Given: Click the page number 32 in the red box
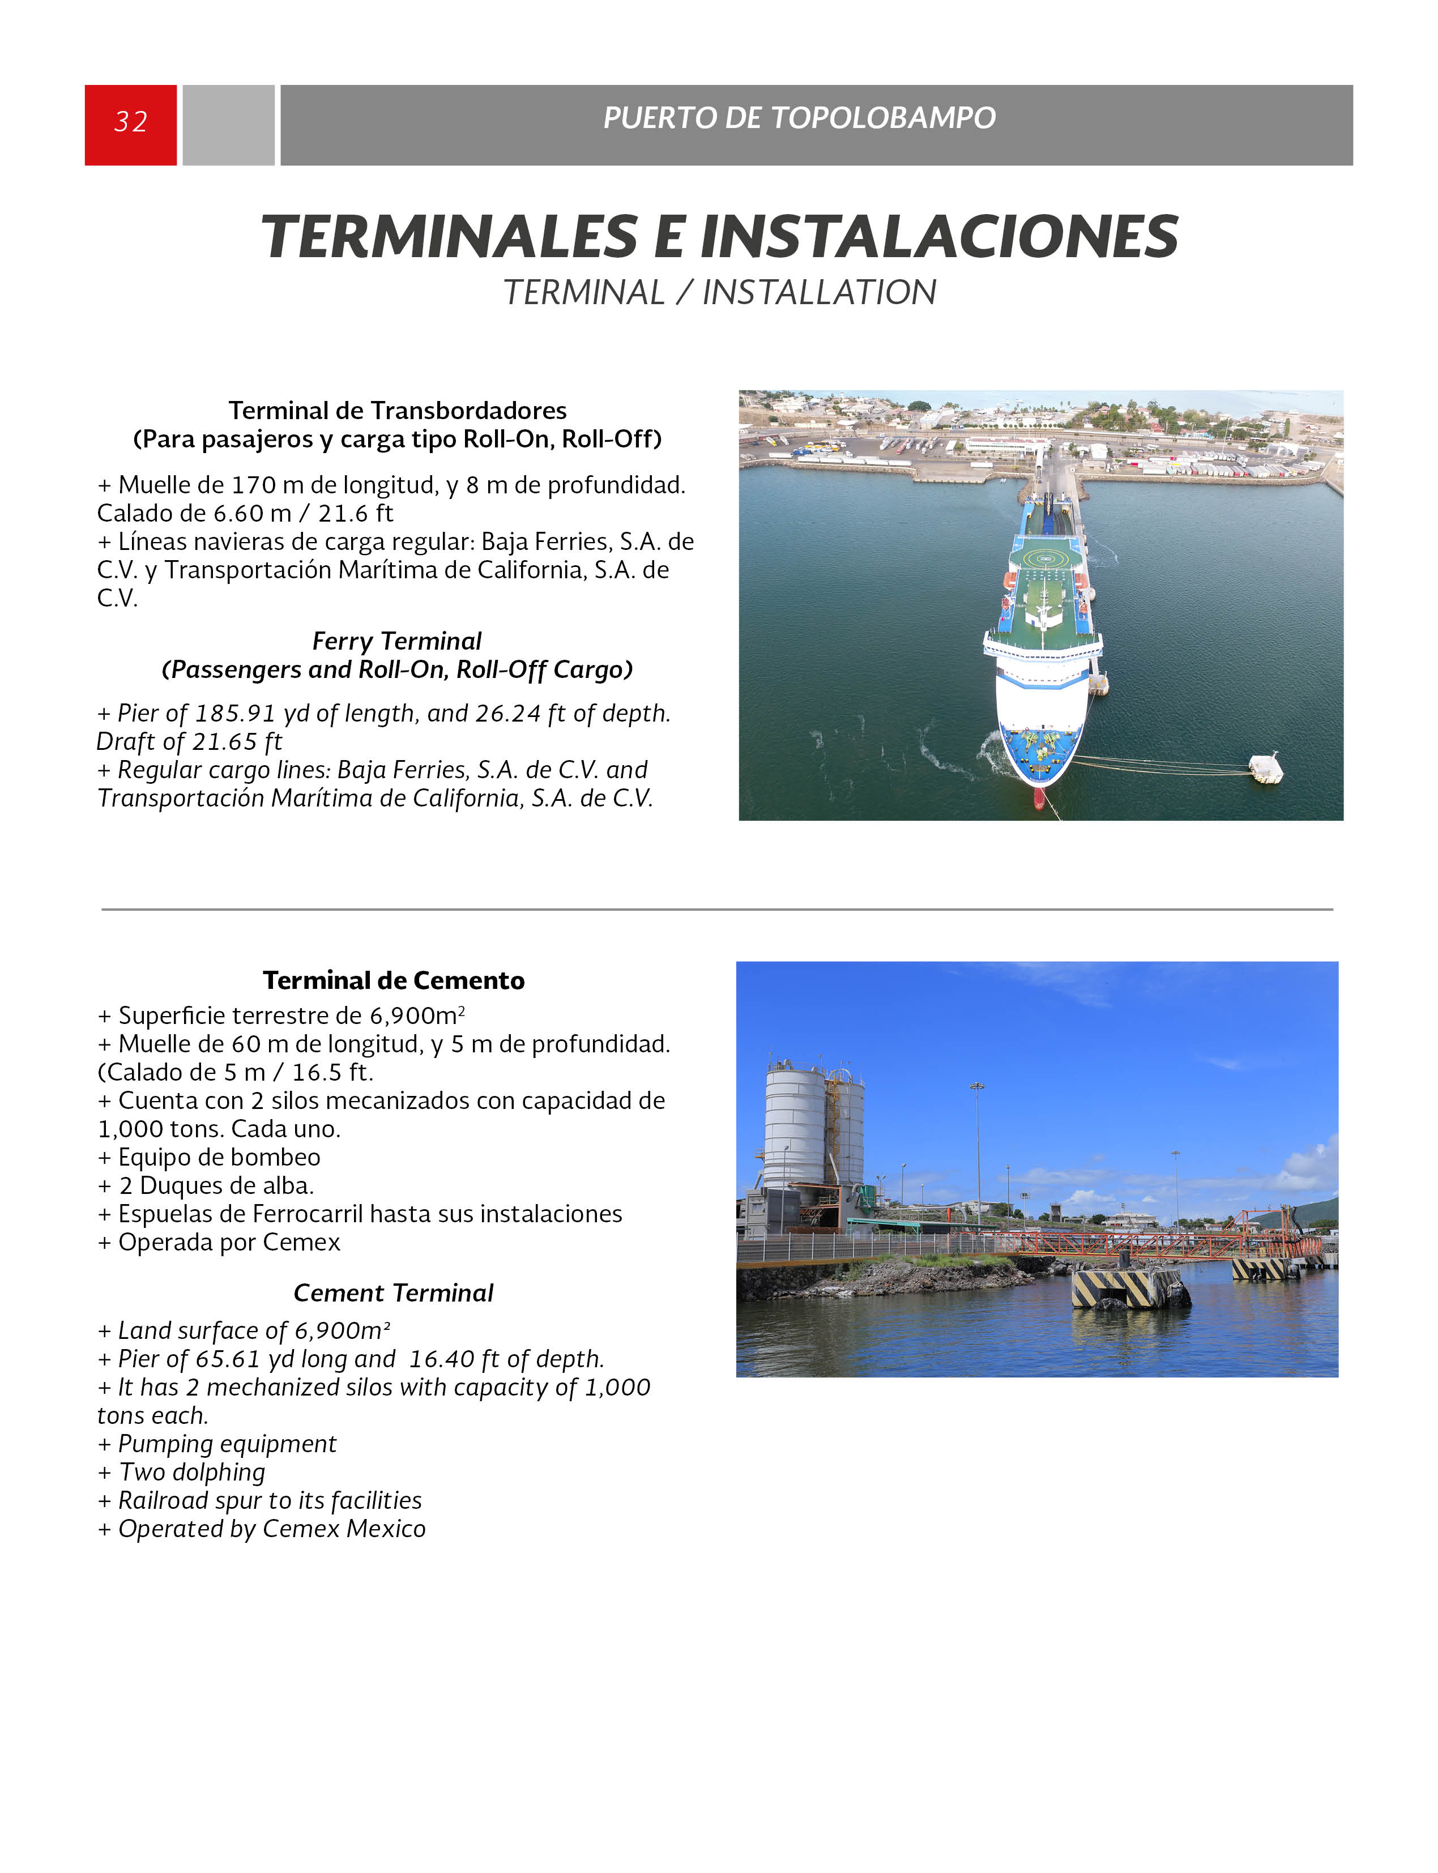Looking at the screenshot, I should pos(130,122).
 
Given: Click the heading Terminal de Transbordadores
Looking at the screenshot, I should pos(397,411).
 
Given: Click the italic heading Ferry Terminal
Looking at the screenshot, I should pos(396,641).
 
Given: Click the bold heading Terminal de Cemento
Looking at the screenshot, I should pos(393,980).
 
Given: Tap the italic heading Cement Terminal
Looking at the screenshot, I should pos(393,1292).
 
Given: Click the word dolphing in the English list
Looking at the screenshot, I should pos(218,1473).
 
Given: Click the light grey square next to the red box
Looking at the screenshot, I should pos(229,125).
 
